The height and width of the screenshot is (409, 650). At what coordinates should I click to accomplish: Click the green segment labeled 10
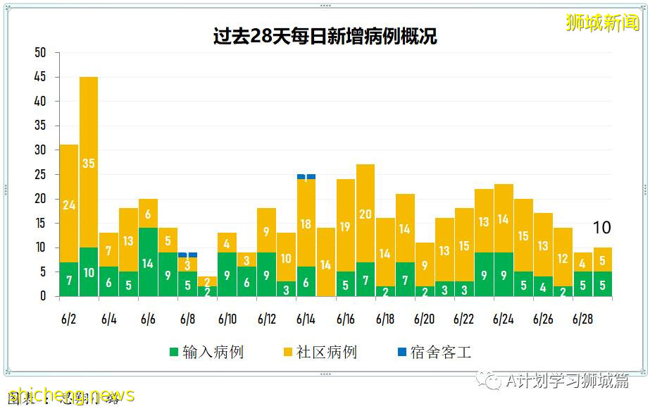[x=89, y=272]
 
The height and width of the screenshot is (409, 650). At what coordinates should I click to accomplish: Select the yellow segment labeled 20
[x=365, y=214]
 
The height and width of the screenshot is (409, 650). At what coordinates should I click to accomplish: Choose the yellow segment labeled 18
[x=306, y=224]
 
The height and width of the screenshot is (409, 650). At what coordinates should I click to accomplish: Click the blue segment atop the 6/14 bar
[x=306, y=176]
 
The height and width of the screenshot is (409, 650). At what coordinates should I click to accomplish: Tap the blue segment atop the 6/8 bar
[x=187, y=255]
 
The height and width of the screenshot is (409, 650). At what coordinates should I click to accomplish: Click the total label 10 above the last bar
[x=601, y=228]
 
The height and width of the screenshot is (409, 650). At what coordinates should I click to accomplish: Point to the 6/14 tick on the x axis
[x=306, y=319]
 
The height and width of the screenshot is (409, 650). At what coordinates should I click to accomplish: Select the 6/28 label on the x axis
[x=582, y=319]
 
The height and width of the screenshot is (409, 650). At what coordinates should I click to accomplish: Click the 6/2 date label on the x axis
[x=69, y=319]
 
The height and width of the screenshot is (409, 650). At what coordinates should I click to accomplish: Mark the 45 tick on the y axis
[x=40, y=77]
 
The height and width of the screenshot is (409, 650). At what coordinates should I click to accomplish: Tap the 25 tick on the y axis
[x=40, y=174]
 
